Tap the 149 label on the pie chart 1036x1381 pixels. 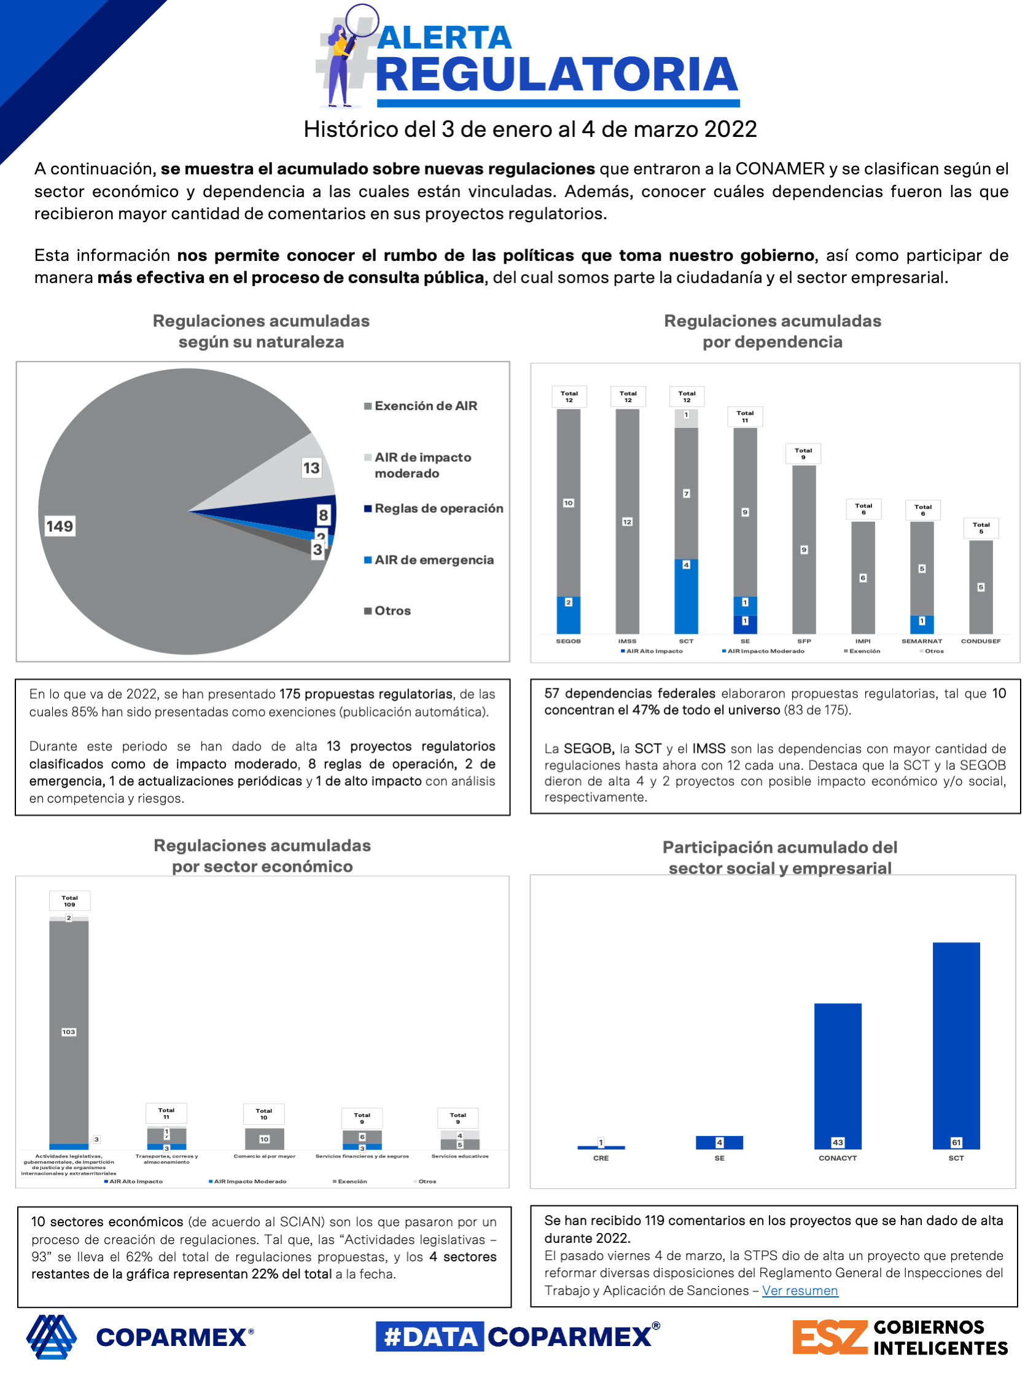[60, 526]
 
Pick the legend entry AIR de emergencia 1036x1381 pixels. [434, 560]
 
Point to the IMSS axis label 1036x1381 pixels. [627, 641]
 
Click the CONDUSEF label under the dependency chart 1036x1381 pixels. [980, 641]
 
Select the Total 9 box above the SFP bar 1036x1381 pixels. [803, 453]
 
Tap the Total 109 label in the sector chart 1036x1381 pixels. [69, 901]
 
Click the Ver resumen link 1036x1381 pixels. [800, 1291]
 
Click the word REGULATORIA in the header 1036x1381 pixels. [556, 75]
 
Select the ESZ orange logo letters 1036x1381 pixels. [829, 1337]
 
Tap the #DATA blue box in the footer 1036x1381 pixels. [430, 1337]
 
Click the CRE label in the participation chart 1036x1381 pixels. [601, 1158]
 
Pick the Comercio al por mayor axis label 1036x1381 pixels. [264, 1156]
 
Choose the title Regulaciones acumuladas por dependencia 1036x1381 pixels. [772, 331]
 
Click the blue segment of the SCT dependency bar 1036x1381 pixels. [686, 596]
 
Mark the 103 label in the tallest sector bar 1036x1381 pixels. [69, 1032]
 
